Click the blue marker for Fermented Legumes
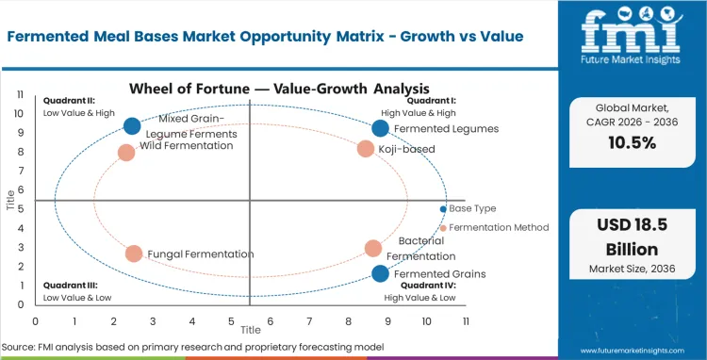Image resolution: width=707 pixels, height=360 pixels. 380,128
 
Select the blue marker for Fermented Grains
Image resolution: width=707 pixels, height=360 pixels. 380,273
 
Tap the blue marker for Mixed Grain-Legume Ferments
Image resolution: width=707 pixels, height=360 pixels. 132,126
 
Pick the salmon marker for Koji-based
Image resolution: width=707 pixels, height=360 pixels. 366,148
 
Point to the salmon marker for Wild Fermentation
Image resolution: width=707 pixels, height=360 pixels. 126,152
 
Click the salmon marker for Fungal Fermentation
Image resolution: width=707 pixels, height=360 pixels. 134,254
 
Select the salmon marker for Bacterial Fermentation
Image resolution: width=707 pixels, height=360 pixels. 373,249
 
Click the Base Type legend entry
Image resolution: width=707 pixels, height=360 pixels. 471,208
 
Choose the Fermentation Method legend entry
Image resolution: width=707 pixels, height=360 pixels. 498,227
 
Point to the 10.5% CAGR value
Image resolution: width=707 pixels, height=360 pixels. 633,142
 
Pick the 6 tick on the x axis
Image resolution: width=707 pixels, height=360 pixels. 270,321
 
